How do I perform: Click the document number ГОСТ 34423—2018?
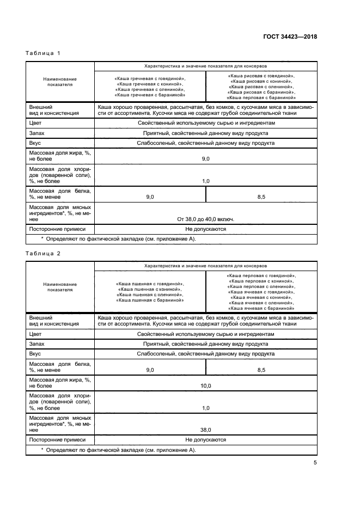coord(290,37)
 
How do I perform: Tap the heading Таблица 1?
coord(43,53)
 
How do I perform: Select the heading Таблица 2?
coord(43,253)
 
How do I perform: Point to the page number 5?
coord(315,463)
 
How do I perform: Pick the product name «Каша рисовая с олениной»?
coord(261,87)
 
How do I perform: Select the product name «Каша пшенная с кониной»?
coord(150,289)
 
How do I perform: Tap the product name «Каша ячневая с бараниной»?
coord(261,308)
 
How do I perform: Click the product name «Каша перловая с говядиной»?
coord(261,276)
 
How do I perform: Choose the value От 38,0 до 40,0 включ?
coord(206,219)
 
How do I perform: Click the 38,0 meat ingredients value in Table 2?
coord(206,429)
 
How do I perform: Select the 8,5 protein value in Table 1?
coord(261,196)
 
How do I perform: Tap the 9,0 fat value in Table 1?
coord(206,158)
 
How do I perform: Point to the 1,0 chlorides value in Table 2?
coord(206,407)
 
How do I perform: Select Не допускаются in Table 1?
coord(206,229)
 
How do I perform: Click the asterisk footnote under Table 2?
coord(118,450)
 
